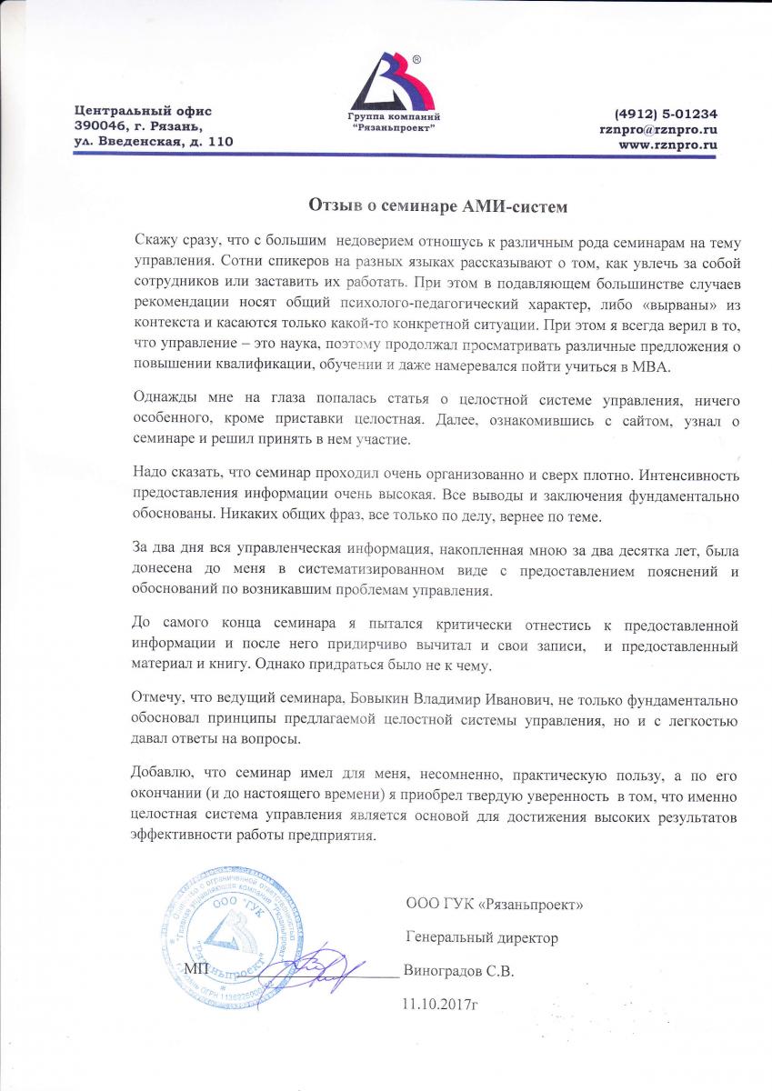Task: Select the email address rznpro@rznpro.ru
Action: tap(652, 129)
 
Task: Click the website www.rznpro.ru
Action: tap(668, 145)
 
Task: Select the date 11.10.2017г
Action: tap(439, 1004)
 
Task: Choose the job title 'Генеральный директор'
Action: tap(482, 937)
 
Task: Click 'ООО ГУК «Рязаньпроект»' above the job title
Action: tap(495, 905)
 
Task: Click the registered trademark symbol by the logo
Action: tap(416, 58)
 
